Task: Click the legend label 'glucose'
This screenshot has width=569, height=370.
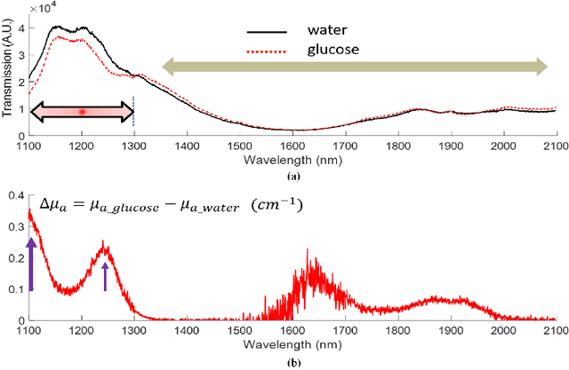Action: click(331, 50)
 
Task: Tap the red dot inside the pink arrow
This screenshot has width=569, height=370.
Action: click(82, 112)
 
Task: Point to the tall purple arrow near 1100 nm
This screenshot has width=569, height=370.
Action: click(32, 264)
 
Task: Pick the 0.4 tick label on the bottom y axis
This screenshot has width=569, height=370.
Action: click(15, 194)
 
